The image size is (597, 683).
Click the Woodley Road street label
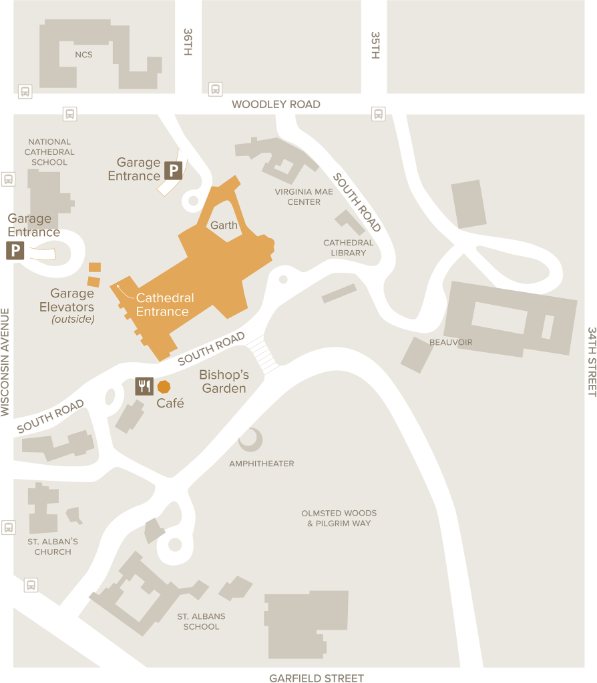coord(276,104)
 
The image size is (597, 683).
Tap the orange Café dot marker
coord(164,386)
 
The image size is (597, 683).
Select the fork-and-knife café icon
coord(144,386)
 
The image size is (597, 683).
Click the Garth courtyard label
coord(224,225)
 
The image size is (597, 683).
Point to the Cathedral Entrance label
coord(164,305)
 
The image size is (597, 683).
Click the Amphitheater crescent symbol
coord(251,440)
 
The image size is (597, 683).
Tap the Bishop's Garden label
coord(224,381)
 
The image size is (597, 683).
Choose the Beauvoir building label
coord(451,342)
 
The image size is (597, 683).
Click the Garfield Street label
coord(317,678)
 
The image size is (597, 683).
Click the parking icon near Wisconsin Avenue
coord(15,251)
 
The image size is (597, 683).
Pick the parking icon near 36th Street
coord(173,171)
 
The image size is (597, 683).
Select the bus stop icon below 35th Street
coord(379,113)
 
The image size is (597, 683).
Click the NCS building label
coord(83,54)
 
